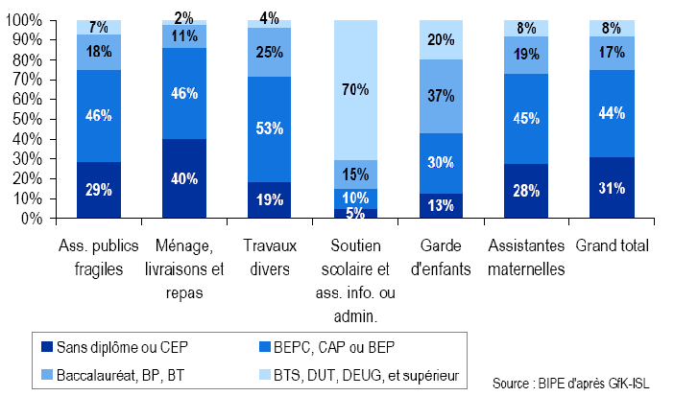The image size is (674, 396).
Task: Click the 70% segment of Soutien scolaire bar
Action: point(355,90)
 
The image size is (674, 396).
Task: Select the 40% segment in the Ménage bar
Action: point(184,178)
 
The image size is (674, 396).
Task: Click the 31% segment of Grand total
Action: point(612,188)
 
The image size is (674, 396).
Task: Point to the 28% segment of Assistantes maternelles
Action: point(526,191)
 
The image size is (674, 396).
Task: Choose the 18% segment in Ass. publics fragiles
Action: point(99,52)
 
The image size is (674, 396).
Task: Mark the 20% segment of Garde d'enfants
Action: point(441,39)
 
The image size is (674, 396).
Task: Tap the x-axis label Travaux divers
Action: point(270,256)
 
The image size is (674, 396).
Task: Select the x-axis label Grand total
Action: point(612,246)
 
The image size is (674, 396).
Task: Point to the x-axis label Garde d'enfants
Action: point(441,256)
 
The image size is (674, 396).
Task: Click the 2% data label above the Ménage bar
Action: point(184,17)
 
